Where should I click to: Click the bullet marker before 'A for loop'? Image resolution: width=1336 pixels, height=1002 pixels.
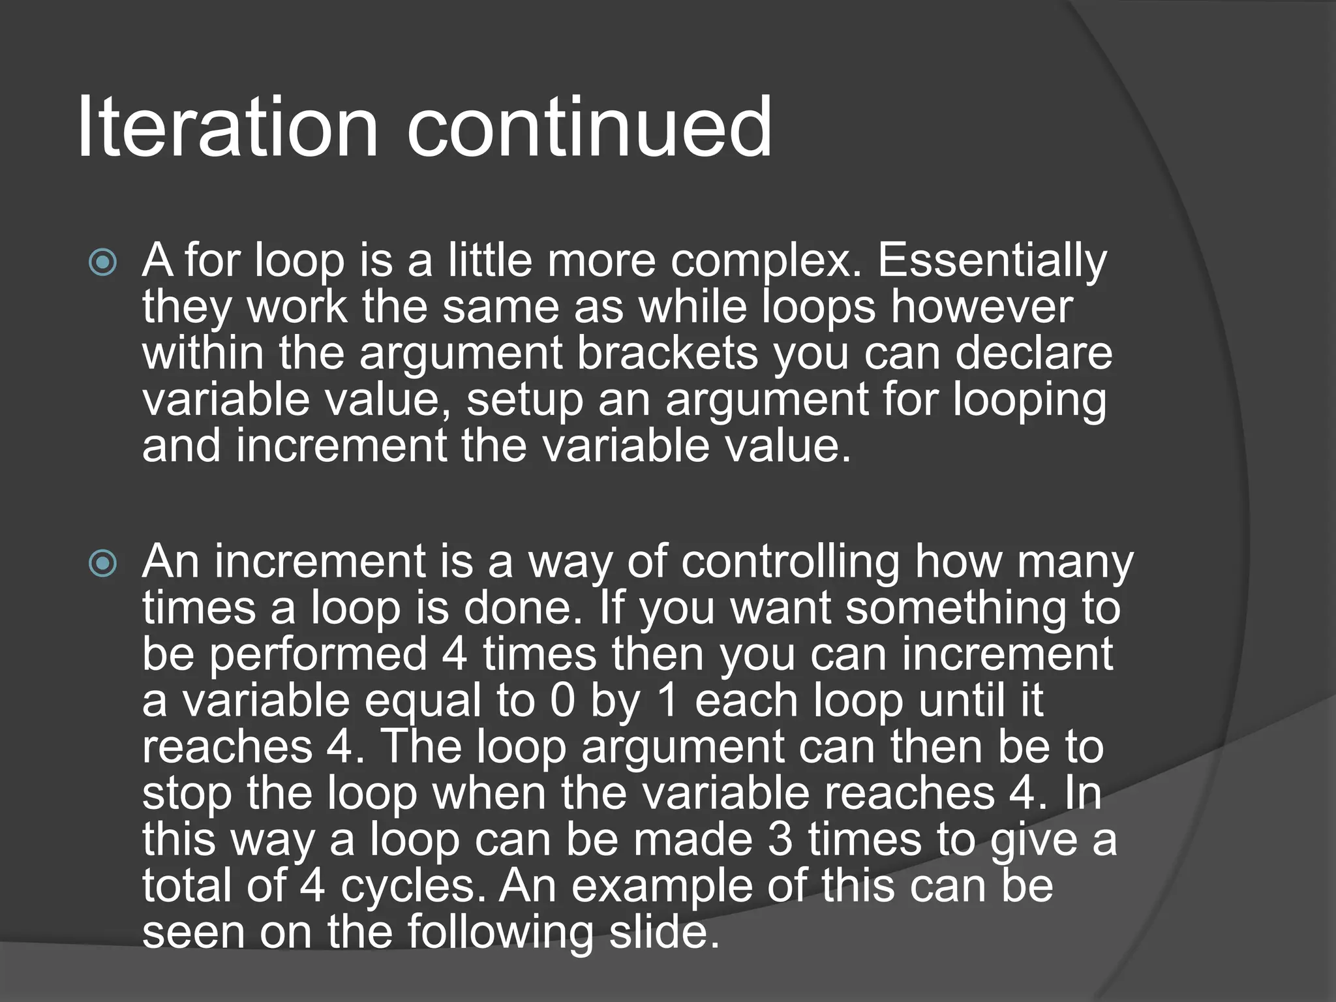[x=103, y=263]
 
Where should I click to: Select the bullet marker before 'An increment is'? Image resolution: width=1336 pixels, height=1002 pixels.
[x=103, y=564]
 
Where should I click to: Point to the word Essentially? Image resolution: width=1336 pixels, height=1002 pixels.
[x=992, y=261]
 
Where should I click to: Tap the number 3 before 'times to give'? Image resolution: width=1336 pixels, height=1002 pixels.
[x=780, y=840]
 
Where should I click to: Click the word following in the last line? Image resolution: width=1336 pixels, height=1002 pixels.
[x=500, y=932]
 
